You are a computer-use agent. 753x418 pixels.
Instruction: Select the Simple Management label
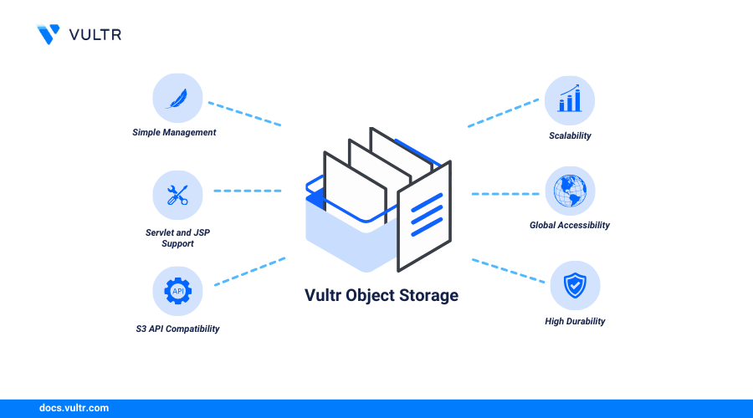pyautogui.click(x=174, y=132)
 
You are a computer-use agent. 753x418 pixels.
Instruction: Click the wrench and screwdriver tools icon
pyautogui.click(x=177, y=195)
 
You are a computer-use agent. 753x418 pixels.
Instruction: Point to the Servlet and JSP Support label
pyautogui.click(x=177, y=237)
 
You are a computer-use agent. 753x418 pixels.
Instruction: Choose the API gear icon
pyautogui.click(x=177, y=291)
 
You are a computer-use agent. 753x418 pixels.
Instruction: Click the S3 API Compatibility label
pyautogui.click(x=177, y=329)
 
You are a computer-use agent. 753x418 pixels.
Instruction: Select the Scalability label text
pyautogui.click(x=570, y=135)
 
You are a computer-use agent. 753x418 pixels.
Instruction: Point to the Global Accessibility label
pyautogui.click(x=570, y=225)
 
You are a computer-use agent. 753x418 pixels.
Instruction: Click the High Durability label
pyautogui.click(x=575, y=321)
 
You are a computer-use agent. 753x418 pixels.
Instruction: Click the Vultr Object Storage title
pyautogui.click(x=381, y=295)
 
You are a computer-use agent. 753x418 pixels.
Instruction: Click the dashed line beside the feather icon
pyautogui.click(x=243, y=115)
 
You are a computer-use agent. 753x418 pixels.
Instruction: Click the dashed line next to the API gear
pyautogui.click(x=249, y=272)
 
